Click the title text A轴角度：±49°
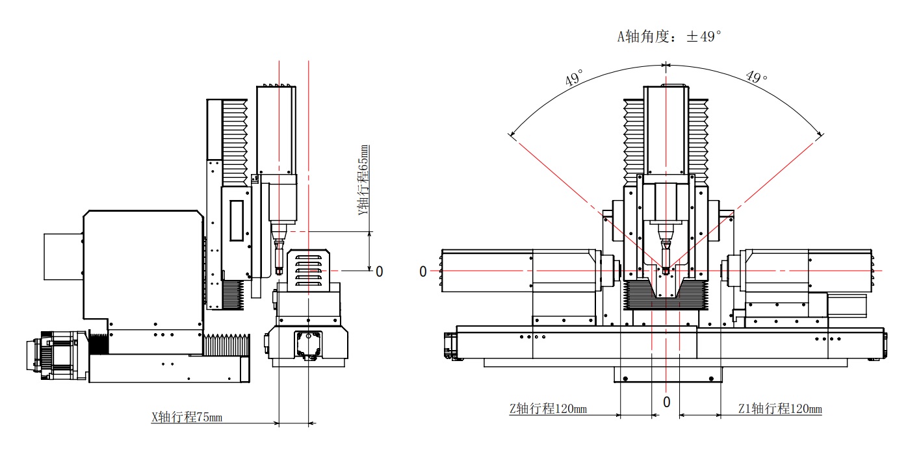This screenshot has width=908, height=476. pos(669,37)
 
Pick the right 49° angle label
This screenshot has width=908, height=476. pos(757,77)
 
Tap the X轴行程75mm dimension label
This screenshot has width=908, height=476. pos(187,418)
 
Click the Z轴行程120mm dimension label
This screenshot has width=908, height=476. pos(547,409)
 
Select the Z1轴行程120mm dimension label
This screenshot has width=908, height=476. pos(780,409)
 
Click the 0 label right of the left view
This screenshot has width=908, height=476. pos(380,271)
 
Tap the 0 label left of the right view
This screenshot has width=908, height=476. pos(423,271)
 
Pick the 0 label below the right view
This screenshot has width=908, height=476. pos(666,403)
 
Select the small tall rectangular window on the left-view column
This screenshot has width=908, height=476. pos(236,221)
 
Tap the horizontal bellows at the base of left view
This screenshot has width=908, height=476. pos(226,345)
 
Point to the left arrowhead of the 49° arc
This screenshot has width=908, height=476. pos(512,135)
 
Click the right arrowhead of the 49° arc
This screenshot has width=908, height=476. pos(820,135)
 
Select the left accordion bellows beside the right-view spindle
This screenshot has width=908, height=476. pos(634,137)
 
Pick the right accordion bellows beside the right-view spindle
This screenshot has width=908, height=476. pos(697,137)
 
